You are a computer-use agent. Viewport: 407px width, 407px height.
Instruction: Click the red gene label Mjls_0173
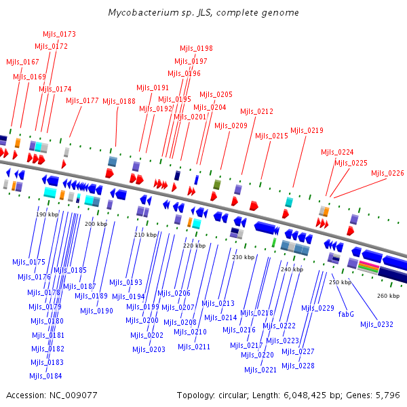pos(59,34)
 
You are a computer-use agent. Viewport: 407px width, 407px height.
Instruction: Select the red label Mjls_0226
pos(387,173)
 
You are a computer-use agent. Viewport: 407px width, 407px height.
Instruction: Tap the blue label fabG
pos(346,314)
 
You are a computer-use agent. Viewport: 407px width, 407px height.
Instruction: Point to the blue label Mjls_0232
pos(376,324)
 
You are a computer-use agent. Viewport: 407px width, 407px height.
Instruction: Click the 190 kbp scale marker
pos(47,214)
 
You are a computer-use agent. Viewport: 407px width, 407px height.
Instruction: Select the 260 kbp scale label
pos(388,296)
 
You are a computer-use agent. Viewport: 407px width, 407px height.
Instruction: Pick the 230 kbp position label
pos(244,257)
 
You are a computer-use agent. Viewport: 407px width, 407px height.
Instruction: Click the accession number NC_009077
pos(73,395)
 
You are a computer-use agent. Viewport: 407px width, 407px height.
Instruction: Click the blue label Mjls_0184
pos(45,376)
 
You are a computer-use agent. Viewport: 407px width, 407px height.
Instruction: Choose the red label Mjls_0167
pos(22,62)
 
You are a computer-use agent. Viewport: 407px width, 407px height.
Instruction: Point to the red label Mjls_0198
pos(196,48)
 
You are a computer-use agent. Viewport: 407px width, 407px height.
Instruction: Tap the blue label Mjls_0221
pos(260,370)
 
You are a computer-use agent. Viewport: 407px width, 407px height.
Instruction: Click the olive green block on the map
pos(217,185)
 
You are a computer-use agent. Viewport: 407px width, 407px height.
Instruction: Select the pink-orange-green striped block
pos(368,268)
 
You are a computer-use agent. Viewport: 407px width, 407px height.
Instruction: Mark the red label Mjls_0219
pos(307,130)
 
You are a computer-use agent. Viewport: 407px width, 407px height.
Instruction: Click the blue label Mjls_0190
pos(96,311)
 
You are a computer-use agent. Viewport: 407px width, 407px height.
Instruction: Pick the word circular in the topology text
pos(233,395)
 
